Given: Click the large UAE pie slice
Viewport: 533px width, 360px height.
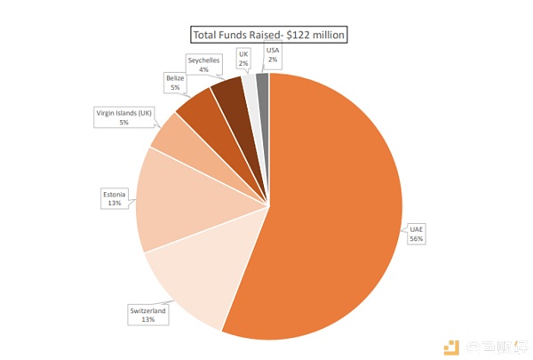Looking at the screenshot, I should click(338, 213).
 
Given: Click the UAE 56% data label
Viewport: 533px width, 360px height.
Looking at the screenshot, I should click(417, 233).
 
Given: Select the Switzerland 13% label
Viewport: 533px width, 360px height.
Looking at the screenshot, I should click(148, 316).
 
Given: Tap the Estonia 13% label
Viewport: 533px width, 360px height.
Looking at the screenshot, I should click(113, 197).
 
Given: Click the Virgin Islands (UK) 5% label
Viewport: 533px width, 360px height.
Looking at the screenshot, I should click(123, 116).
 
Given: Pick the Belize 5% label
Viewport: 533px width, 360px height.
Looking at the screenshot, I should click(174, 83).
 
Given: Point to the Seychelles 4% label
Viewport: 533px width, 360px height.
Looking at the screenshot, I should click(203, 64).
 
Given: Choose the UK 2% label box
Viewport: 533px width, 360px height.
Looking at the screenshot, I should click(243, 58).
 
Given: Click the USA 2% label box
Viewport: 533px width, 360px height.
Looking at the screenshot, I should click(272, 55).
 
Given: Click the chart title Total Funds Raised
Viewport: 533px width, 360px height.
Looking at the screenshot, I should click(269, 36).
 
